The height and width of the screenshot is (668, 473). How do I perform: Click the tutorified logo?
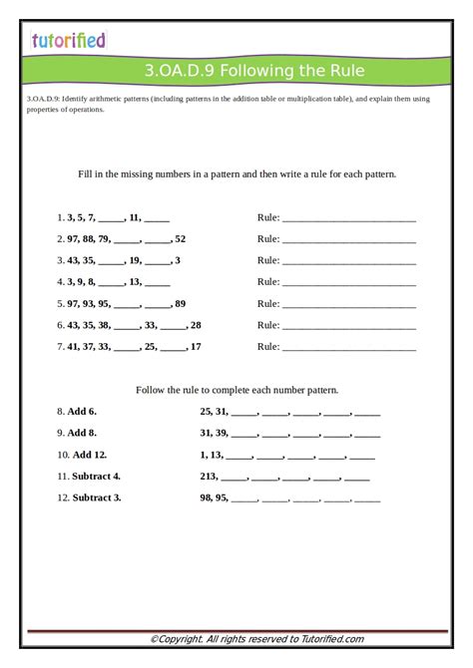68,41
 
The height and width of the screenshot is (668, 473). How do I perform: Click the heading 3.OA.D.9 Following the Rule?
254,71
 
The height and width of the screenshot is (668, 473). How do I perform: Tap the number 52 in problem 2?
180,238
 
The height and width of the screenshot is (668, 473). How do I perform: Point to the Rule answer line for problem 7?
349,349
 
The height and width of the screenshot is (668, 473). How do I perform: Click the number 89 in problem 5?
180,303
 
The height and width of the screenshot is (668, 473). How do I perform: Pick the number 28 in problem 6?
196,325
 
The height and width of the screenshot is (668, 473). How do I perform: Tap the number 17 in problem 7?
196,347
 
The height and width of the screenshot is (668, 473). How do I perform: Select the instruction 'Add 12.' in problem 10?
89,454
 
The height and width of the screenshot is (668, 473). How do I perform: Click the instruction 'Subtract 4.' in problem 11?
96,476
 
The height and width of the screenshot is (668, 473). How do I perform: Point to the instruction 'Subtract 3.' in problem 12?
96,498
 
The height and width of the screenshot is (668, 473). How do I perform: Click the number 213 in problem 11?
209,476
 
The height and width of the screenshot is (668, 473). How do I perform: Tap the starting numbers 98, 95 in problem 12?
214,498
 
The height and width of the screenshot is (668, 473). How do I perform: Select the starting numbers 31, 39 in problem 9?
214,433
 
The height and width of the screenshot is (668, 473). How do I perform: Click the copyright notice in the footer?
256,639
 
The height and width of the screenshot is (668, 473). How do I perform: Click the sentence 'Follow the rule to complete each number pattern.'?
236,390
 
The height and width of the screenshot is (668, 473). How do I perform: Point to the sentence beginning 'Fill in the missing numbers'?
236,173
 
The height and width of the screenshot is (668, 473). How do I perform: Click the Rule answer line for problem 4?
349,283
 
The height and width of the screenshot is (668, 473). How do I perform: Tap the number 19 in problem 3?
135,260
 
